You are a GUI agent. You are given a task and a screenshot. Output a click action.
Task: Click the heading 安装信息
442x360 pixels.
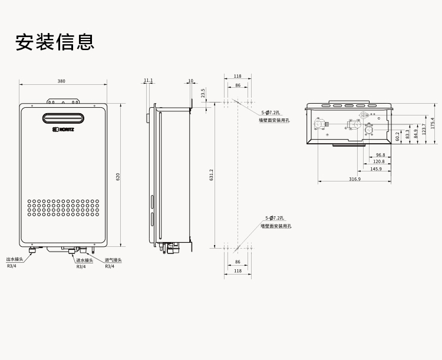pyautogui.click(x=55, y=42)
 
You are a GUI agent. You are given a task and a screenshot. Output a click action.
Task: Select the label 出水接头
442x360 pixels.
pyautogui.click(x=15, y=259)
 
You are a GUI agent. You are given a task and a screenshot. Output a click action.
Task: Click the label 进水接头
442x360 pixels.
pyautogui.click(x=84, y=260)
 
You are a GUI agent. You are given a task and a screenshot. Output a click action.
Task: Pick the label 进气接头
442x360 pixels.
pyautogui.click(x=113, y=260)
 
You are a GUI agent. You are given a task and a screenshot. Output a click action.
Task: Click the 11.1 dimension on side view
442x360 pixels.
pyautogui.click(x=148, y=81)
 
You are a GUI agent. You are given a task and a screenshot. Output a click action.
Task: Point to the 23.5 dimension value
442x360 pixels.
pyautogui.click(x=203, y=93)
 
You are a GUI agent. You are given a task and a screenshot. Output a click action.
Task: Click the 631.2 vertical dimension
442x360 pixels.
pyautogui.click(x=212, y=175)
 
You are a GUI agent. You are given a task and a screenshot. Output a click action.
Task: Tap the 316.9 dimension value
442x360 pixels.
pyautogui.click(x=354, y=179)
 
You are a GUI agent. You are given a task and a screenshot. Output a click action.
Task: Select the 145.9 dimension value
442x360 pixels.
pyautogui.click(x=376, y=169)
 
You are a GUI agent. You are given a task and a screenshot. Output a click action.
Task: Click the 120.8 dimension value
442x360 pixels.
pyautogui.click(x=378, y=161)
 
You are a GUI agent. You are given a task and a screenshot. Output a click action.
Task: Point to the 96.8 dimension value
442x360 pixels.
pyautogui.click(x=380, y=154)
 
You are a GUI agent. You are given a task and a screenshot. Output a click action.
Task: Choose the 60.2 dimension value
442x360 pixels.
pyautogui.click(x=398, y=136)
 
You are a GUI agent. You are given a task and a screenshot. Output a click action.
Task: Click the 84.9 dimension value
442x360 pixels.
pyautogui.click(x=415, y=134)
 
